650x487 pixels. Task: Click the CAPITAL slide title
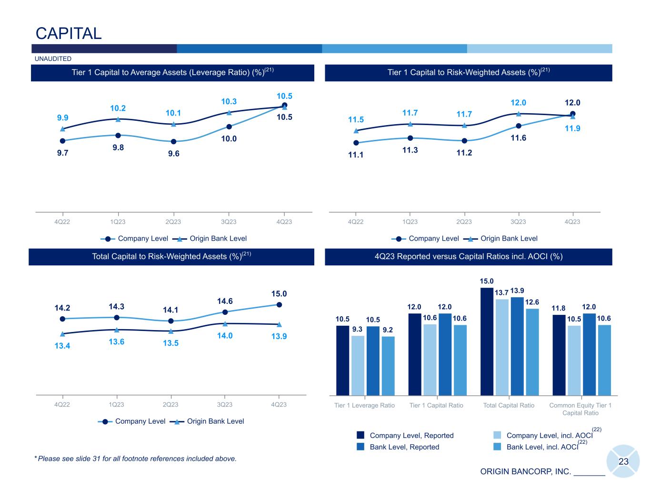pos(69,34)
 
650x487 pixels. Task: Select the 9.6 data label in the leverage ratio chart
pos(174,154)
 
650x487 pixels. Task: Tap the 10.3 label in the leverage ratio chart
pos(229,101)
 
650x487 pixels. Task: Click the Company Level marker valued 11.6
pos(519,126)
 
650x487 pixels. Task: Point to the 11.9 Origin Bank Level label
pos(572,128)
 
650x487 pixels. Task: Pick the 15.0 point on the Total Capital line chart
pos(279,305)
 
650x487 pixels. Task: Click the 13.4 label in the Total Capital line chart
pos(62,346)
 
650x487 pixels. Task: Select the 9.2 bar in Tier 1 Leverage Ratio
pos(388,365)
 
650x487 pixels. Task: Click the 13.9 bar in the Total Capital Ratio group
pos(517,346)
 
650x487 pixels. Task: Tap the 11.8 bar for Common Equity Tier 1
pos(559,354)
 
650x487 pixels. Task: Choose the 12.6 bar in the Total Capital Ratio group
pos(532,351)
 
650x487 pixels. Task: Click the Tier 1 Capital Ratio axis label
pos(436,406)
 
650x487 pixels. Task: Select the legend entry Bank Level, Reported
pos(404,447)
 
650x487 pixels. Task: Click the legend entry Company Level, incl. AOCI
pos(549,436)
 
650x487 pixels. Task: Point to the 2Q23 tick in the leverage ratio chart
pos(173,222)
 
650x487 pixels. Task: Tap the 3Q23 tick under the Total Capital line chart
pos(225,405)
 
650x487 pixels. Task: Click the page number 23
pos(623,461)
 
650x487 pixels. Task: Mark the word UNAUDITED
pos(53,59)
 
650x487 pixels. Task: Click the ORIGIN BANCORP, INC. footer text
pos(525,472)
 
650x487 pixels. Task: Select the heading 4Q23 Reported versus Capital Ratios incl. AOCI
pos(469,257)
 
